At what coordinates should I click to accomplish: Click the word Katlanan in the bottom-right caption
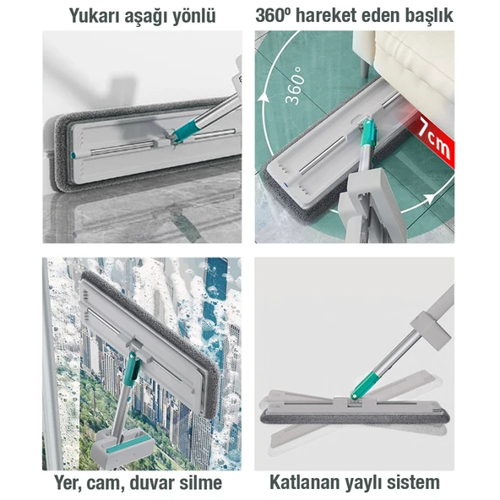point(306,482)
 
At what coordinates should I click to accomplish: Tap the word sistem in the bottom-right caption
point(413,482)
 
